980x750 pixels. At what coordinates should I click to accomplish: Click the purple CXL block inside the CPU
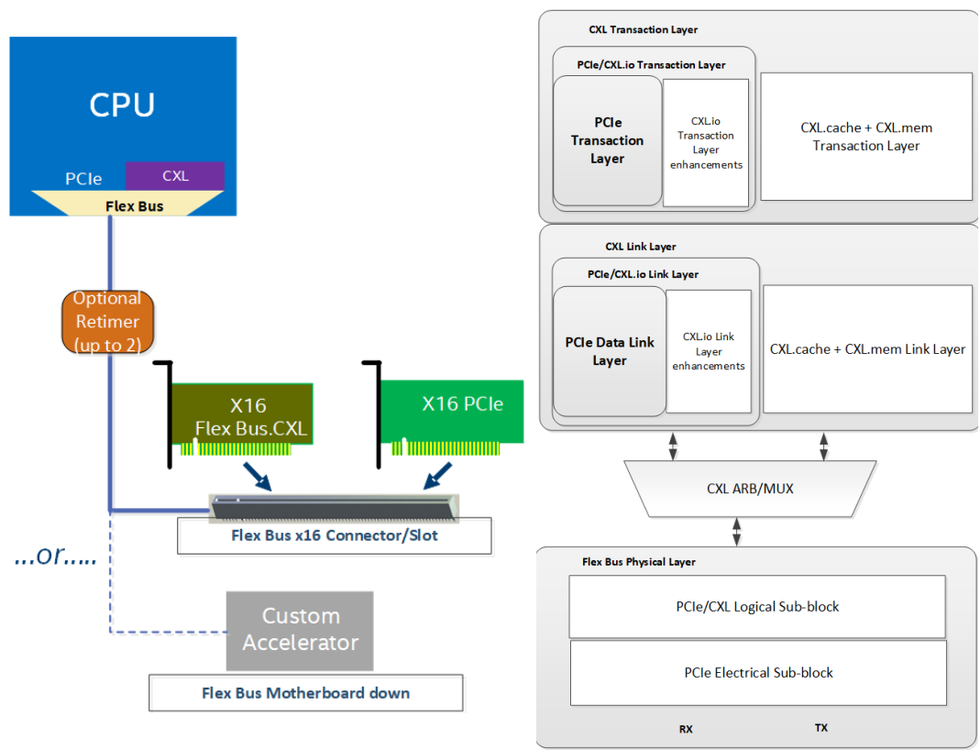[175, 175]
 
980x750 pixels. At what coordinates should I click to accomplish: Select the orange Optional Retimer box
[106, 322]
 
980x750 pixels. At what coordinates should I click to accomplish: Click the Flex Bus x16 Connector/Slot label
[334, 535]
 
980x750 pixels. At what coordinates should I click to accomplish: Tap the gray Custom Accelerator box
[300, 630]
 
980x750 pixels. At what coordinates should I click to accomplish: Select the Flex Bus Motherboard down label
[305, 693]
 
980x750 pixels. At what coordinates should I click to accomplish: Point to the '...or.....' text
[56, 557]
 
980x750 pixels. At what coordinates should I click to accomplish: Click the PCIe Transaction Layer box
[607, 141]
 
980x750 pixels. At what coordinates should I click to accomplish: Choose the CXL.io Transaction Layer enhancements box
[706, 142]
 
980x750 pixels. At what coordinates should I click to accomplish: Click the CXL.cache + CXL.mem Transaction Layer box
[865, 137]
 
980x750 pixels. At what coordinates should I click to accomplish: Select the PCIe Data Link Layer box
[610, 351]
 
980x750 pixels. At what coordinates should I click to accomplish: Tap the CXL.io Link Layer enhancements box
[709, 351]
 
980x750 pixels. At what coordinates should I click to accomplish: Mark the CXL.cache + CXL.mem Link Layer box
[867, 348]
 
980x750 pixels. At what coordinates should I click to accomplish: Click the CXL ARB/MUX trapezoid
[750, 489]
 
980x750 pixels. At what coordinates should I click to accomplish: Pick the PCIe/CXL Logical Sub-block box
[757, 606]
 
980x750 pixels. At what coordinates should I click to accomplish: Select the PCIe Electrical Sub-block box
[758, 672]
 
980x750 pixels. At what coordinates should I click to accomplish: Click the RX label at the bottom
[686, 729]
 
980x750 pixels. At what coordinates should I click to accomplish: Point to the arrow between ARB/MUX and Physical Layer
[736, 531]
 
